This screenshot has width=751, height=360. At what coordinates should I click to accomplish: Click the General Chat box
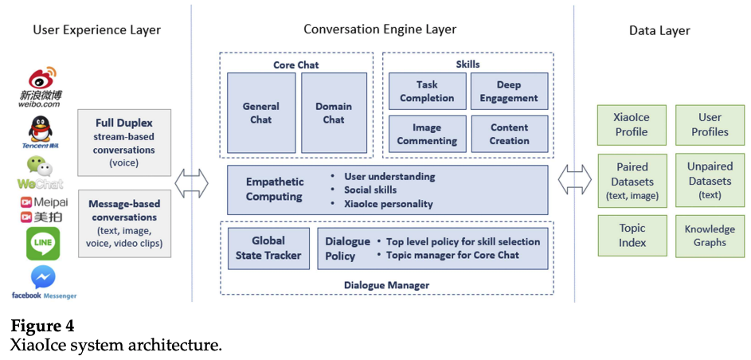[260, 113]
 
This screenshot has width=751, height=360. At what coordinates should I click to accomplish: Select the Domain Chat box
[334, 113]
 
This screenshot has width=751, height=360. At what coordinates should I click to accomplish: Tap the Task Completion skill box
[426, 92]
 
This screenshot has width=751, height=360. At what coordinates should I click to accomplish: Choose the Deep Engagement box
[509, 92]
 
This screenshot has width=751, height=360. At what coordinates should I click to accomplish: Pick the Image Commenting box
[426, 134]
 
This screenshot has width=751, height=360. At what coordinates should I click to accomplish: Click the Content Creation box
[509, 134]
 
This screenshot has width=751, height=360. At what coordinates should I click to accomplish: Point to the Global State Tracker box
[268, 248]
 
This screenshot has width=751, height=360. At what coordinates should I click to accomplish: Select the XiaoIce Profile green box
[631, 125]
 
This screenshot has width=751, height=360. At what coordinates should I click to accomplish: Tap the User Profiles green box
[709, 125]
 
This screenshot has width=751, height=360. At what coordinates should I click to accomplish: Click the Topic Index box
[631, 236]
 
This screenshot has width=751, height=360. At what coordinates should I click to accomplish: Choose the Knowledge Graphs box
[709, 236]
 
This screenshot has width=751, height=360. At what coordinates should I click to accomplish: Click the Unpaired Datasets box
[709, 180]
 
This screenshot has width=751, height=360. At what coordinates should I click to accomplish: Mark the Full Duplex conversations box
[123, 143]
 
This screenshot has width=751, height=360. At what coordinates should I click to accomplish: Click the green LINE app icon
[43, 244]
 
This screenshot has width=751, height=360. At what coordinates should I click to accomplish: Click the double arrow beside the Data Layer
[574, 180]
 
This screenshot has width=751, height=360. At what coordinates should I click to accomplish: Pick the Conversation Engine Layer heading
[380, 29]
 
